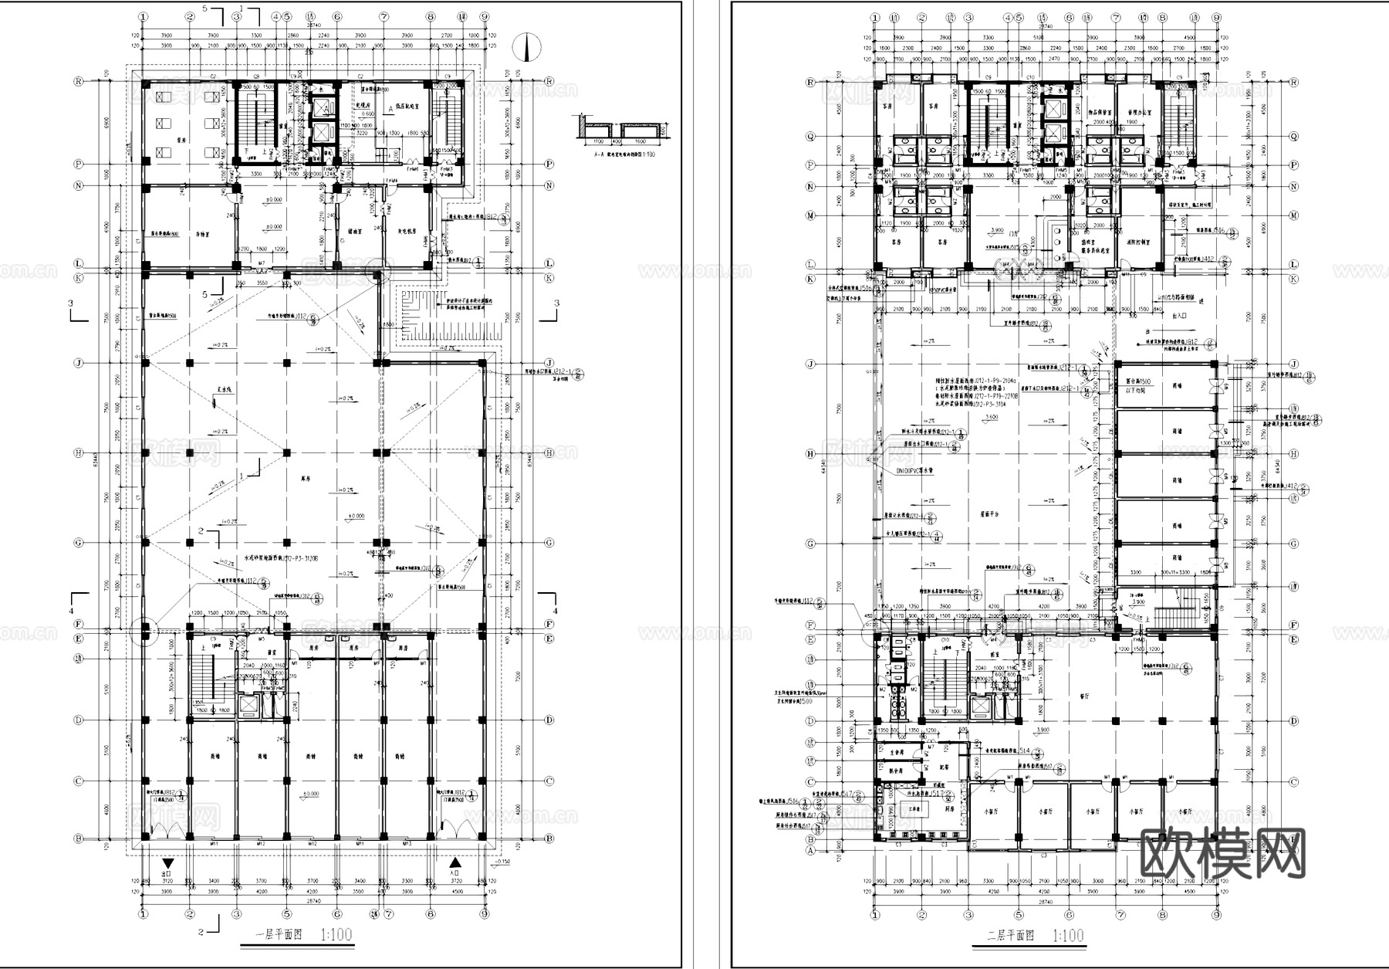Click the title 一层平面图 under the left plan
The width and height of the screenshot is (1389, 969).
282,935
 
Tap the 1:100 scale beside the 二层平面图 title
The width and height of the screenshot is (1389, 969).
1068,936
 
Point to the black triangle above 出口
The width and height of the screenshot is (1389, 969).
167,863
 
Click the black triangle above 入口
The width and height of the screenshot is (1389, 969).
456,863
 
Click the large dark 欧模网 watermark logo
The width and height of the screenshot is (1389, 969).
1222,853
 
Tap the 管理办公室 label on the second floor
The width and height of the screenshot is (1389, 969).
1133,113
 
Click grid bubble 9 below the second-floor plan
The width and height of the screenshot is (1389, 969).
1216,916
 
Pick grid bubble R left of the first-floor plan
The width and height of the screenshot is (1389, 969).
78,80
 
